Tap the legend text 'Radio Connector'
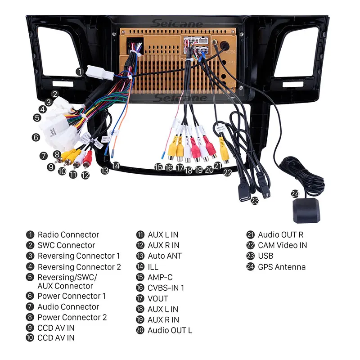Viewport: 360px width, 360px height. coord(68,234)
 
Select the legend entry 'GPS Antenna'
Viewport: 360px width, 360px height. coord(282,267)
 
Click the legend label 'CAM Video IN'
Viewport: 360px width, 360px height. coord(282,245)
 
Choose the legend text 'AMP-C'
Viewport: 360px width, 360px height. coord(160,277)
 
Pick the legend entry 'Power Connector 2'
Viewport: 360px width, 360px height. coord(72,317)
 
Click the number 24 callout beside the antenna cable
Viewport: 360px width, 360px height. coord(295,194)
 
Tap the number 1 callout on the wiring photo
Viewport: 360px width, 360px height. coord(79,71)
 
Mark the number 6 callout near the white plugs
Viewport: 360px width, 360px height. coord(36,138)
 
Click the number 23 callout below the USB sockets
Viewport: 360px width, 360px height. coord(255,201)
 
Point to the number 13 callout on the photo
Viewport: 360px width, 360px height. coord(104,171)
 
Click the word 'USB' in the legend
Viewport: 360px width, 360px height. coord(265,256)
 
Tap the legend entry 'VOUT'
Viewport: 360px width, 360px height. coord(157,298)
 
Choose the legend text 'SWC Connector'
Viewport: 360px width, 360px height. coord(66,245)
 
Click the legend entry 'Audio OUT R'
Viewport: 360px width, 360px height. coord(280,234)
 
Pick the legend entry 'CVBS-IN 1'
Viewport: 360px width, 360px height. coord(166,288)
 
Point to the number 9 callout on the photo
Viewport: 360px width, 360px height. coord(51,167)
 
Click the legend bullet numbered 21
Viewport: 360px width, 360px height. coord(250,234)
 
